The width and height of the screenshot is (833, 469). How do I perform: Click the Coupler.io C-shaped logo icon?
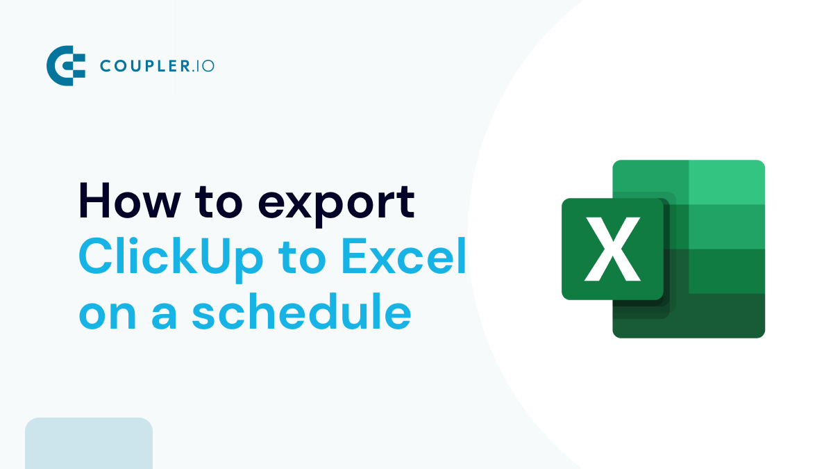[x=65, y=66]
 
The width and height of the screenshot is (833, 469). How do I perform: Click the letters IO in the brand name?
[x=204, y=67]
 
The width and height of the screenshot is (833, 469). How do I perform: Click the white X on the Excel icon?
[x=612, y=249]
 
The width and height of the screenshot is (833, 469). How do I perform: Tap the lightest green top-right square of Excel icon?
[x=726, y=182]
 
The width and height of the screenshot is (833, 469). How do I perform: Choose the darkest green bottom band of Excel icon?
[x=722, y=315]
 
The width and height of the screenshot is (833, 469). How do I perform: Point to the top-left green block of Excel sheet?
[x=650, y=176]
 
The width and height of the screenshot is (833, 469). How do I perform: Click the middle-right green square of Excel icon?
[x=726, y=227]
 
